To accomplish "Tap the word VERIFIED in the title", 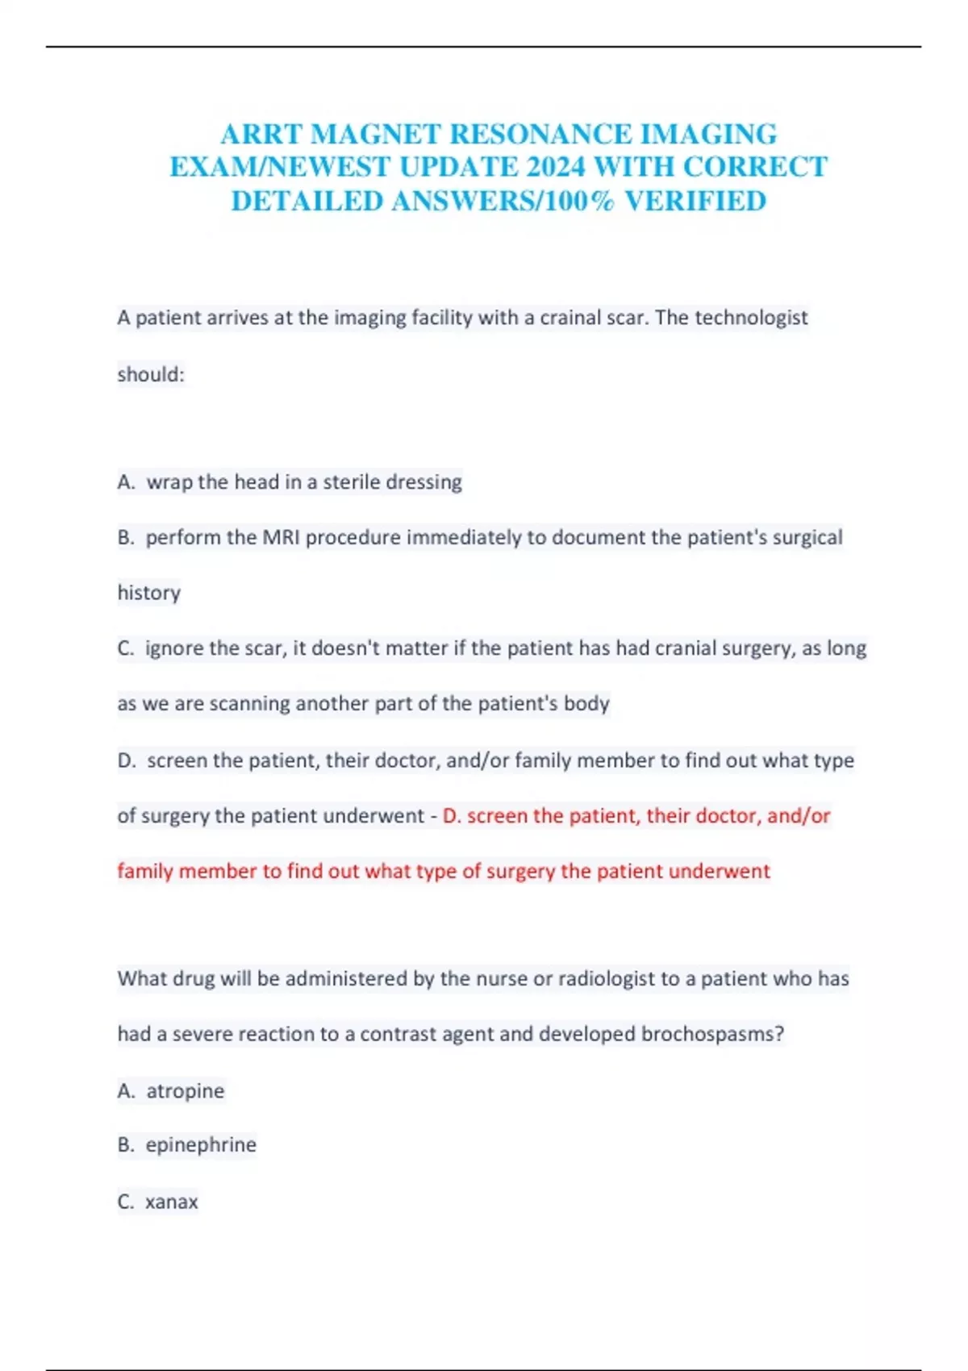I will point(695,201).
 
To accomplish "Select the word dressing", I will point(424,482).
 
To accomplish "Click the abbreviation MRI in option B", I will point(282,537).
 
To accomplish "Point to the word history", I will point(149,593).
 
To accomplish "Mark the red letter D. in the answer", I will point(452,816).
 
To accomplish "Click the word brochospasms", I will point(711,1034).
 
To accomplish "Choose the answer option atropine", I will point(185,1091).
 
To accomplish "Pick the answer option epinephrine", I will point(200,1145).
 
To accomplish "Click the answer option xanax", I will point(171,1202).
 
